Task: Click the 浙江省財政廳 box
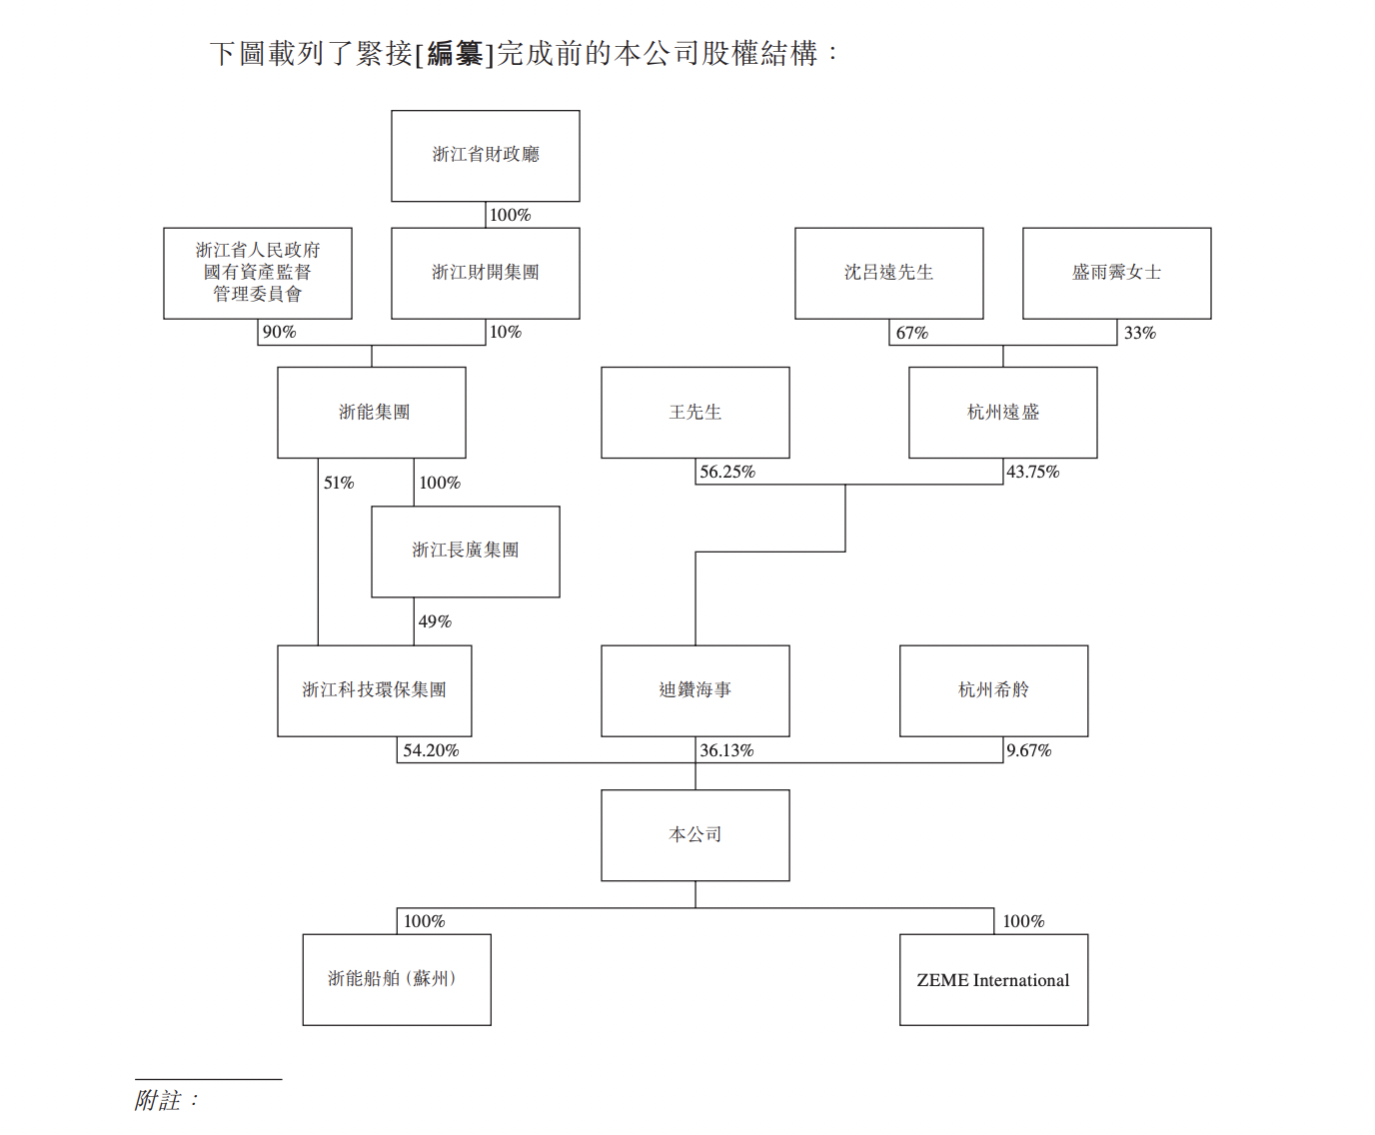[486, 156]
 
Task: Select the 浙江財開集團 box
[486, 273]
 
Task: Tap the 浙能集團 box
[372, 413]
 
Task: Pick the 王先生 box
[695, 413]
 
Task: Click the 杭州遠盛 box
[1003, 413]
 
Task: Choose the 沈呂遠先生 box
[889, 273]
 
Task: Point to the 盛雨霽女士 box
[1117, 273]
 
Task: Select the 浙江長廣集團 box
[466, 552]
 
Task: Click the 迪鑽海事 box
[695, 690]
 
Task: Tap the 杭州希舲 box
[994, 690]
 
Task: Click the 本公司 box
[695, 835]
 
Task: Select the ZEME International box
[994, 980]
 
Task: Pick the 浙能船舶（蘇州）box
[397, 980]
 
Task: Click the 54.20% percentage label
[431, 750]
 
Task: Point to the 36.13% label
[726, 750]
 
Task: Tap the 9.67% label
[1029, 750]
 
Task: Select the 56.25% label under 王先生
[727, 472]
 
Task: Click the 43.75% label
[1033, 472]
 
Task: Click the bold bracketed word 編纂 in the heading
[455, 53]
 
